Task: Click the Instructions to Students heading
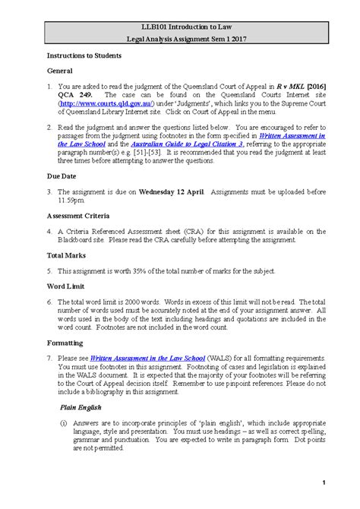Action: (x=87, y=57)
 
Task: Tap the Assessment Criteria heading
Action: (x=83, y=215)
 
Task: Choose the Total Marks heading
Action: (x=70, y=255)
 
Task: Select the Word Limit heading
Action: (x=67, y=286)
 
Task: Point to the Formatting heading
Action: (x=68, y=343)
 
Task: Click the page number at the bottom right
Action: (x=324, y=483)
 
